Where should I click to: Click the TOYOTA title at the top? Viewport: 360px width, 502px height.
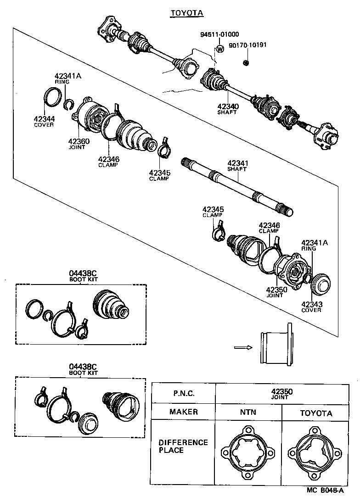coord(186,13)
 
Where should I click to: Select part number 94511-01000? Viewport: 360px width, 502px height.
coord(219,34)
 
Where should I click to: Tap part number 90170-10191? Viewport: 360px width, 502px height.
coord(247,45)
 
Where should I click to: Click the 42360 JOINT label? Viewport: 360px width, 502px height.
coord(79,144)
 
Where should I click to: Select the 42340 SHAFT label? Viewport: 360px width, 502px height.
coord(228,109)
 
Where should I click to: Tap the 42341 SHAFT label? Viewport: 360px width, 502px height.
coord(237,165)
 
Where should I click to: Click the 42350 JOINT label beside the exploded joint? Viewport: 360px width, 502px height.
coord(276,292)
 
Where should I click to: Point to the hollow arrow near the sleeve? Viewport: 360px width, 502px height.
coord(243,347)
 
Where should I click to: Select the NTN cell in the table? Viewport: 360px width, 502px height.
coord(248,413)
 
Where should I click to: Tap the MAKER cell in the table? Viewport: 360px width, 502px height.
coord(184,412)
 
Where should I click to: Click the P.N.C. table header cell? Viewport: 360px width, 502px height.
coord(184,393)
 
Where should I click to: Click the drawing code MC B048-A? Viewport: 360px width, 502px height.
coord(325,490)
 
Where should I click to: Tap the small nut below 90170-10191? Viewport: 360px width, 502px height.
coord(245,62)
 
